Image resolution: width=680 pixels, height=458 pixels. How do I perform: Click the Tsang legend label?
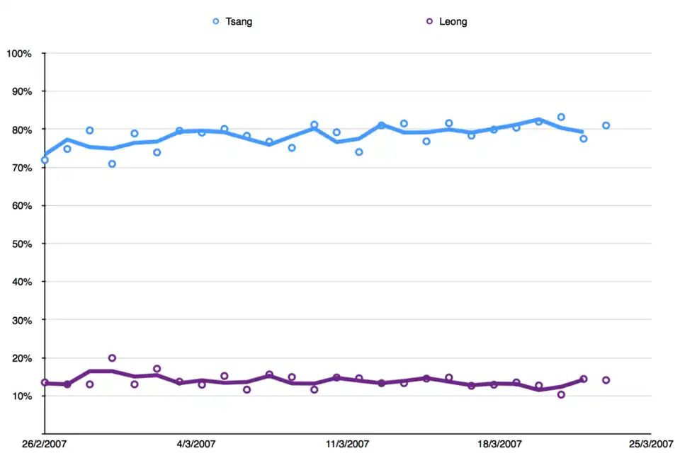[x=239, y=21]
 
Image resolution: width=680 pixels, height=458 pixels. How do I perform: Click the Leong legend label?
[x=453, y=21]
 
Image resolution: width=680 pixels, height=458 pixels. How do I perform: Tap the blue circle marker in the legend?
[x=216, y=21]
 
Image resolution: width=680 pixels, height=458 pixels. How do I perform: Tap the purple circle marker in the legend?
[x=429, y=21]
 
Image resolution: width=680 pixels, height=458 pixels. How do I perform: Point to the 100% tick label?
[x=19, y=54]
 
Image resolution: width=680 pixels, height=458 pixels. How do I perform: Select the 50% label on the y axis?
[x=21, y=244]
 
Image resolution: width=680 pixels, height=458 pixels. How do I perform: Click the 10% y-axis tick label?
[x=21, y=396]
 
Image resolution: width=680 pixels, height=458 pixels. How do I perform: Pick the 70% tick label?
[x=21, y=168]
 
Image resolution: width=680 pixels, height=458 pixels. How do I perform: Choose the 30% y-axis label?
[x=21, y=320]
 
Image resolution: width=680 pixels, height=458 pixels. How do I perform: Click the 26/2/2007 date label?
[x=44, y=445]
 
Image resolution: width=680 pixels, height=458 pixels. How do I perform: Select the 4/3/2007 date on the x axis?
[x=196, y=445]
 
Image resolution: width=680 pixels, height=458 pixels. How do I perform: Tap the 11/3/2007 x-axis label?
[x=347, y=445]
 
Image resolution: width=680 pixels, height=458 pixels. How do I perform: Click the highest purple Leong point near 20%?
[x=112, y=358]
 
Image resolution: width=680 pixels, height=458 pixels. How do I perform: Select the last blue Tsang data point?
[x=606, y=125]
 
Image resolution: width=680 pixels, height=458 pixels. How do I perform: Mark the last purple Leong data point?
[x=606, y=380]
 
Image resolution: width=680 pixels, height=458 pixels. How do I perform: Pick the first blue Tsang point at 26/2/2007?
[x=45, y=160]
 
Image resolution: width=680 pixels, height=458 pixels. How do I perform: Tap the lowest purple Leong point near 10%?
[x=561, y=395]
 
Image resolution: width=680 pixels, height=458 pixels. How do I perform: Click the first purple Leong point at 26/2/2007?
[x=45, y=382]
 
